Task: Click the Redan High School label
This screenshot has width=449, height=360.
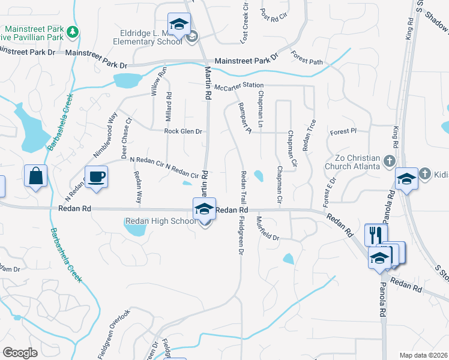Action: pyautogui.click(x=160, y=221)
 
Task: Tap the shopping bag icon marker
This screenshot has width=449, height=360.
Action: pyautogui.click(x=35, y=176)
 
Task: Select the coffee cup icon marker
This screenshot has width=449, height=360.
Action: pyautogui.click(x=96, y=176)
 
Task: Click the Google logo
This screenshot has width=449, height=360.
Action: pyautogui.click(x=20, y=353)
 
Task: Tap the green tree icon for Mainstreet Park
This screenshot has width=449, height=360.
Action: pyautogui.click(x=73, y=32)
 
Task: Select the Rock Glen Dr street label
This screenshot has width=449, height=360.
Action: pyautogui.click(x=183, y=131)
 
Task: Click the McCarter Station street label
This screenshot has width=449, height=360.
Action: pyautogui.click(x=238, y=86)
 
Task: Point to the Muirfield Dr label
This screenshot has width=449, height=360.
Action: pyautogui.click(x=268, y=229)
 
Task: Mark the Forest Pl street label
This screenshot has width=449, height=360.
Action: pyautogui.click(x=343, y=131)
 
